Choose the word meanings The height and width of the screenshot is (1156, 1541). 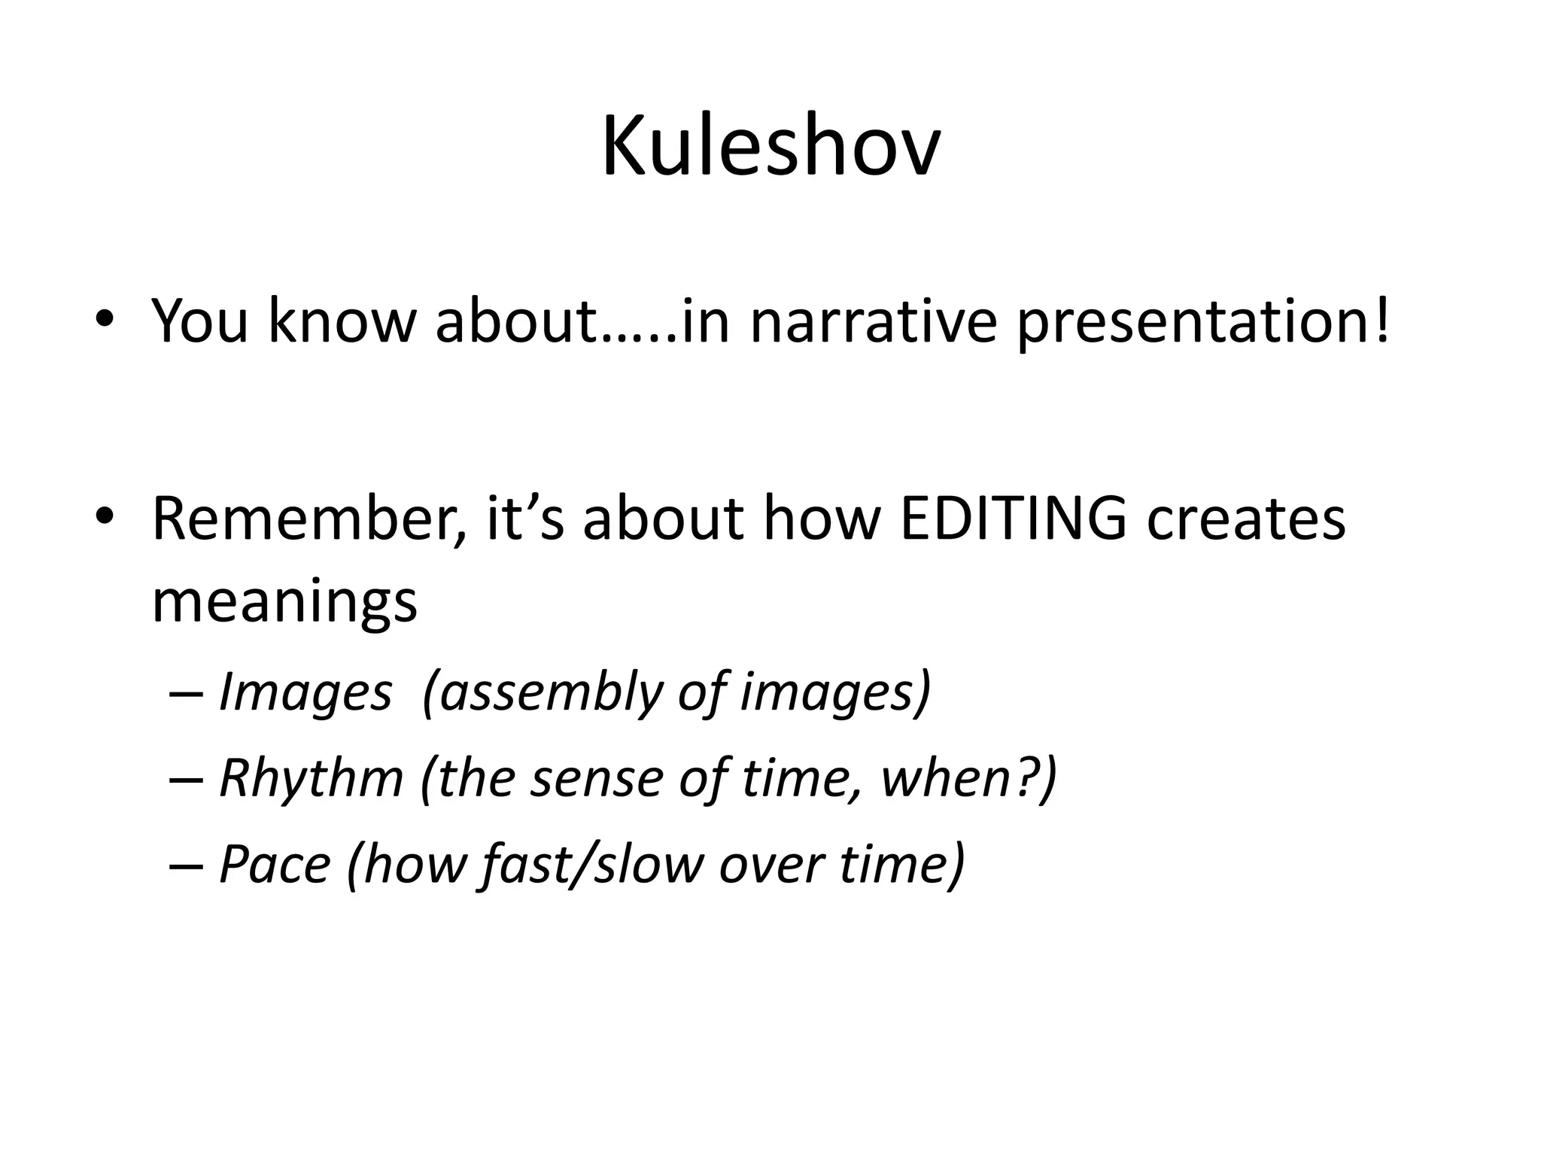(284, 602)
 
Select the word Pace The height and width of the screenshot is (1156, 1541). (275, 864)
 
